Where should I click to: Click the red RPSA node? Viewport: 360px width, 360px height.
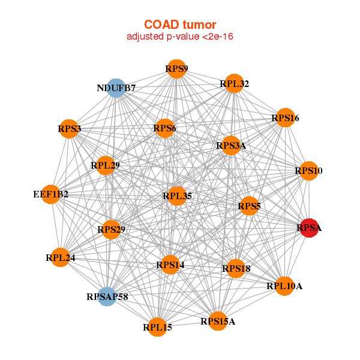coord(308,228)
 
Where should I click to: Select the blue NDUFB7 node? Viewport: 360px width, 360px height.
coord(115,88)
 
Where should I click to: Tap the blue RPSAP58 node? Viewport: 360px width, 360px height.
coord(107,296)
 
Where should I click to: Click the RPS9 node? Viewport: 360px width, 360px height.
coord(176,69)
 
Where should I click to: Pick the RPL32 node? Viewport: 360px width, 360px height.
coord(234,84)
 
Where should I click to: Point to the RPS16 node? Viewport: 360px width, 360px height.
coord(284,118)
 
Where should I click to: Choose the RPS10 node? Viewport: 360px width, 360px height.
coord(308,171)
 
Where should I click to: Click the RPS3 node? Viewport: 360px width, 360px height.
coord(69,129)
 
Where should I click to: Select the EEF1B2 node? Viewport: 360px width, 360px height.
coord(51,194)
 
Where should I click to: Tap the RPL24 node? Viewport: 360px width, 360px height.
coord(60,258)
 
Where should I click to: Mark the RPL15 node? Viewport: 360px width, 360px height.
coord(157,327)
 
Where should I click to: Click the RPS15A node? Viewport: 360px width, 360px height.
coord(218,322)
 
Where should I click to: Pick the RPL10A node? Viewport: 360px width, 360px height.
coord(284,286)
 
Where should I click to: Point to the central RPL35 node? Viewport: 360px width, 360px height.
coord(177,196)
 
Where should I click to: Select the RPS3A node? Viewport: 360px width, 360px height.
coord(231,146)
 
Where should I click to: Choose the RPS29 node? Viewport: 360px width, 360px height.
coord(111,229)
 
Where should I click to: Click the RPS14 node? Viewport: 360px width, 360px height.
coord(170,265)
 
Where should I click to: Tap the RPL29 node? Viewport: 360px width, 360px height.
coord(106,165)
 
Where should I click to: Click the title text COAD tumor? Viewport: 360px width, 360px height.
coord(180,25)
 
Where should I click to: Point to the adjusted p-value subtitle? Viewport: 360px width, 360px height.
coord(180,37)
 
